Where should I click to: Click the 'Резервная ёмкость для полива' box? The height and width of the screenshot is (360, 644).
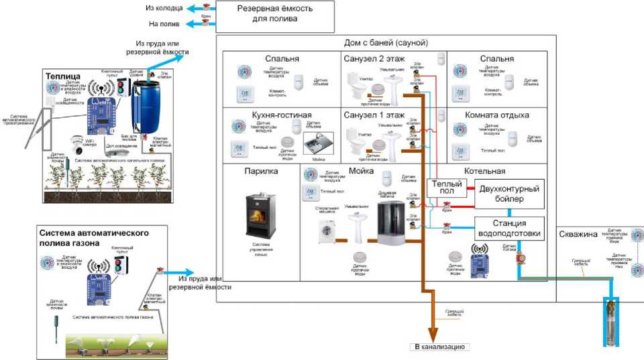pyautogui.click(x=275, y=13)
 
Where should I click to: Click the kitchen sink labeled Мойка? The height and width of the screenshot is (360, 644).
pyautogui.click(x=315, y=144)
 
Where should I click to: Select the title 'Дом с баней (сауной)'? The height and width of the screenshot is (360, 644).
pyautogui.click(x=385, y=43)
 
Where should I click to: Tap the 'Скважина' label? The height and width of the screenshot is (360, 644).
pyautogui.click(x=580, y=234)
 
